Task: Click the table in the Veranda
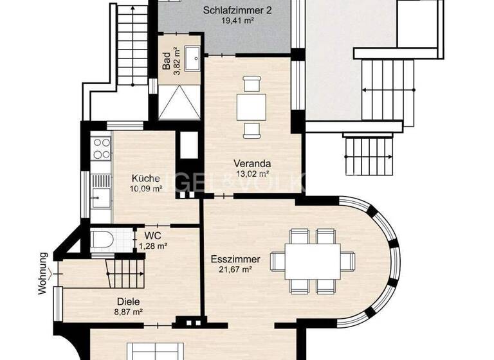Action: coord(251,106)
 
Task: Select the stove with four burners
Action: coord(101,148)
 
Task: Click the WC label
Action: coord(153,236)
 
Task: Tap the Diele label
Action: coord(129,301)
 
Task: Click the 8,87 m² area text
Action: coord(129,311)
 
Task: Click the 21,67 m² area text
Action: coord(235,270)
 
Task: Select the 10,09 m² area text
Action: coord(146,189)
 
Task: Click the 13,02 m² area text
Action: coord(252,173)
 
